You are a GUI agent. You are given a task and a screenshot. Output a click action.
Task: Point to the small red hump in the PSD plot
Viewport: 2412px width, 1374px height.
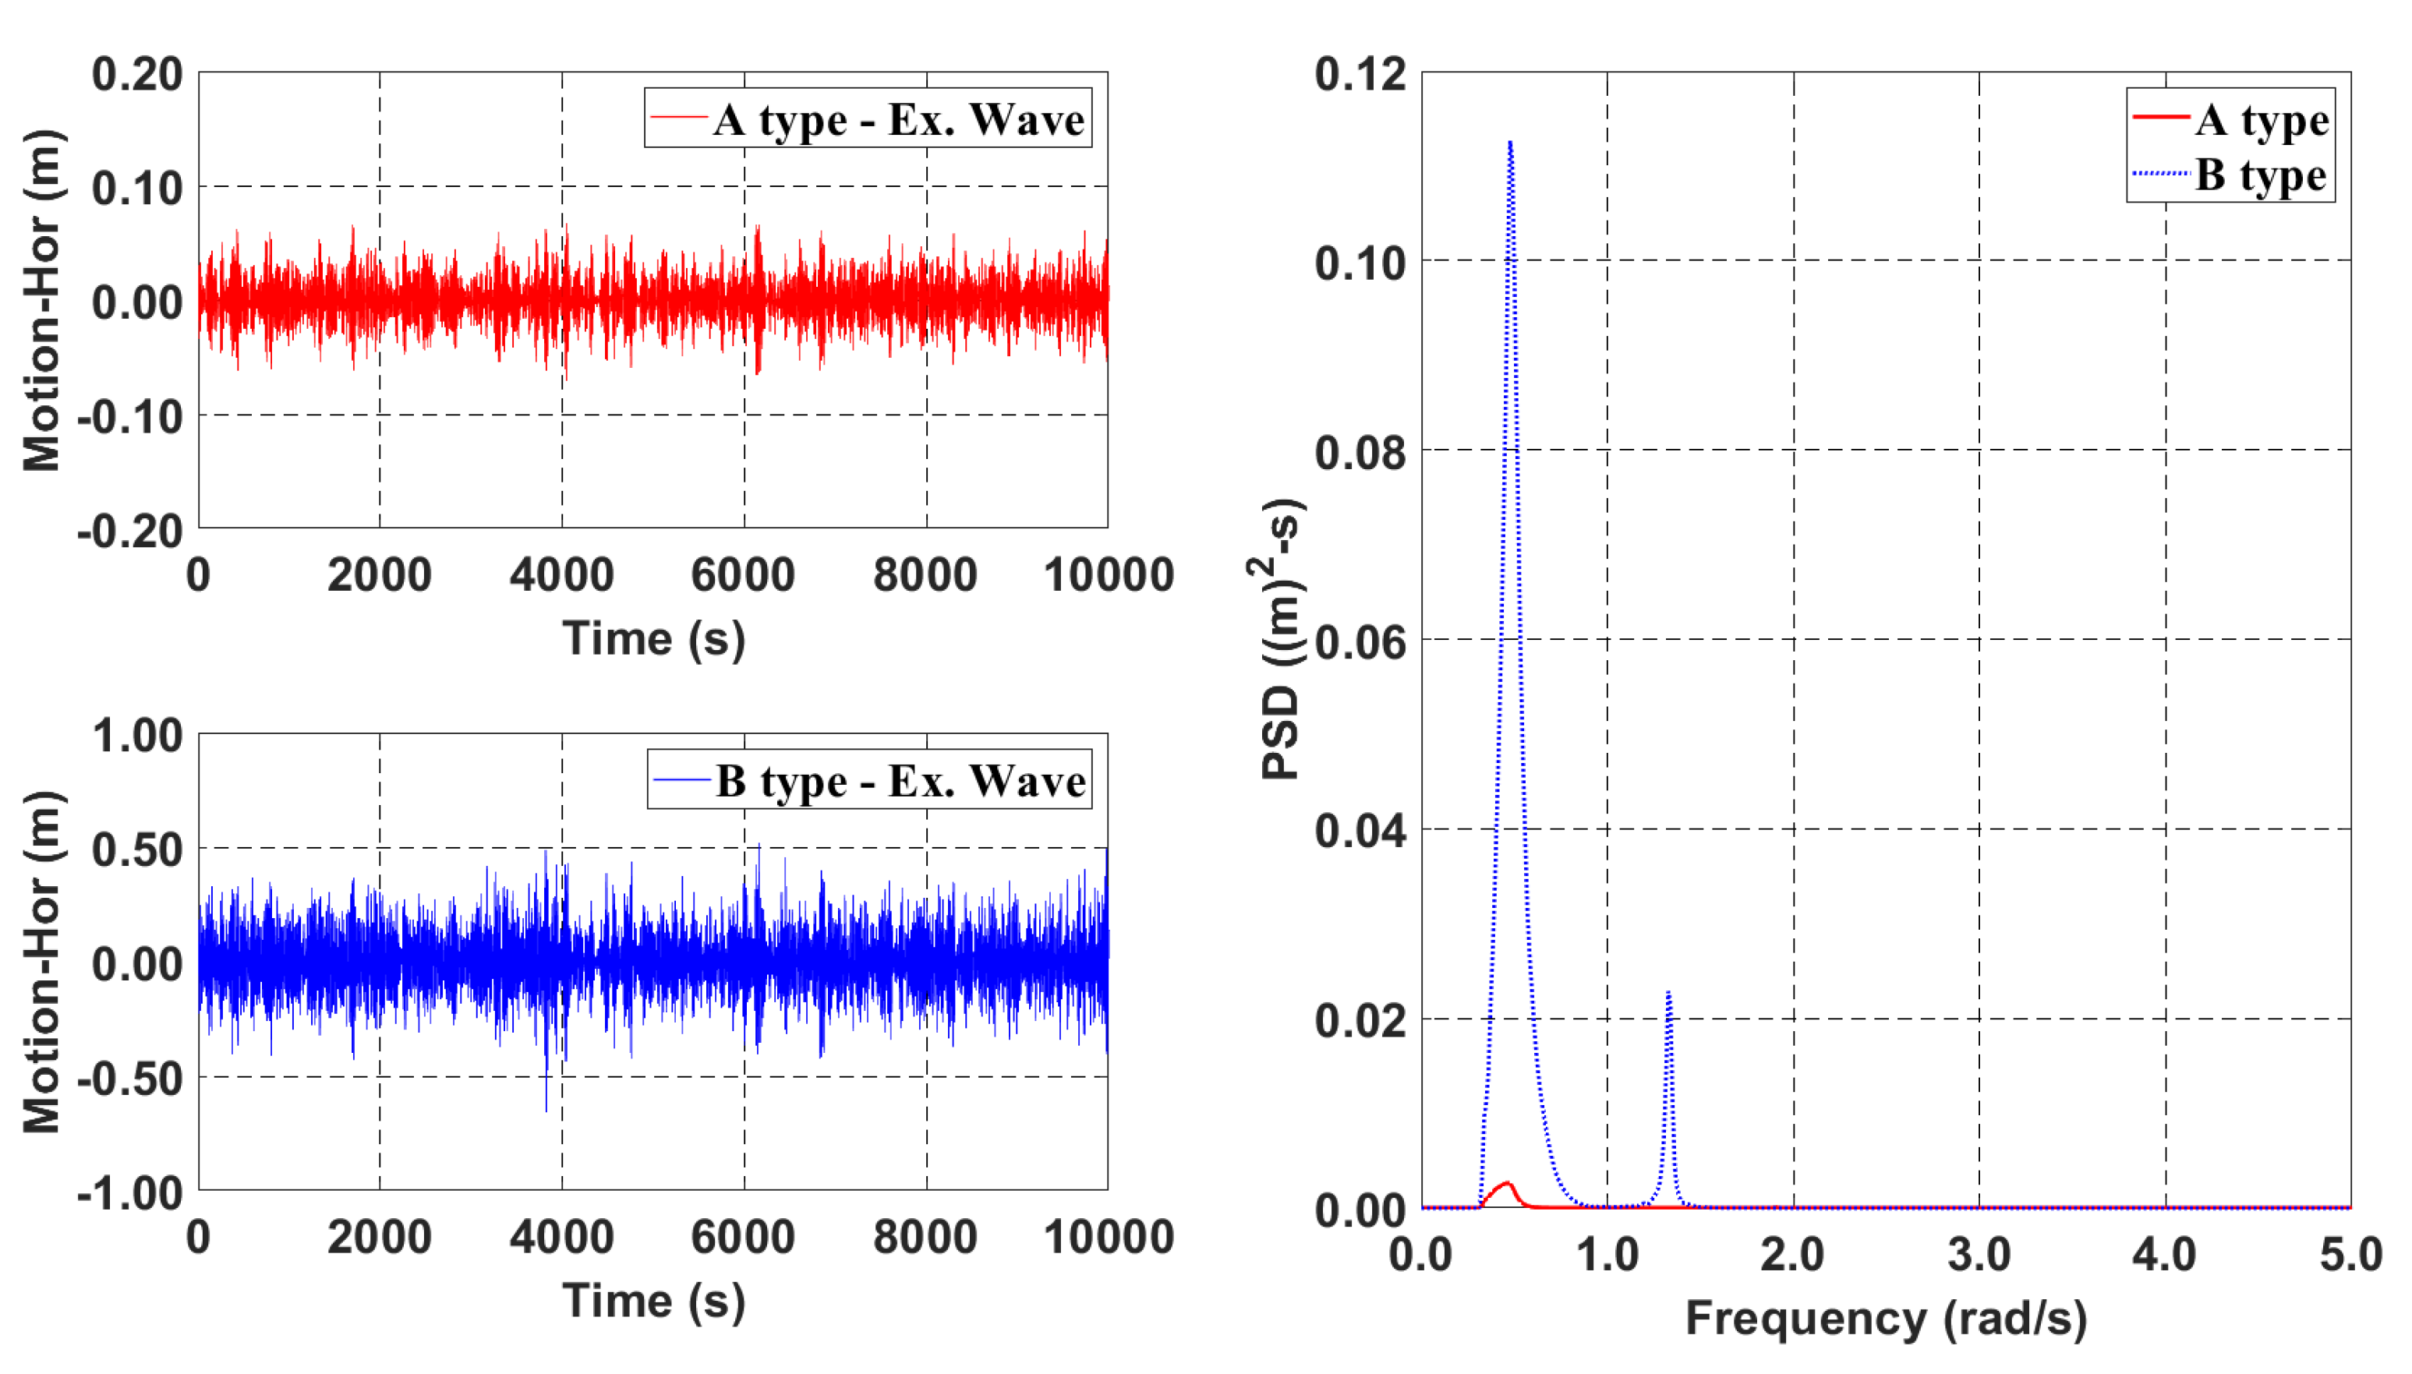tap(1506, 1186)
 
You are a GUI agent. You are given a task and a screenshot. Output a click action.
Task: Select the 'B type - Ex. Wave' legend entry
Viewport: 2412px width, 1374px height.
tap(869, 779)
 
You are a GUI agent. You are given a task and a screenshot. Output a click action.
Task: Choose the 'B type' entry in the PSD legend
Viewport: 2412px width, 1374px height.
tap(2231, 175)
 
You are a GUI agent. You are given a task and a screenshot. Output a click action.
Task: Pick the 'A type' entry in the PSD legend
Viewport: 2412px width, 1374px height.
tap(2231, 120)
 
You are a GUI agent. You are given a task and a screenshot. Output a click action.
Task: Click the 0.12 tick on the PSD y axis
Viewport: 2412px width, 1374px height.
tap(1360, 75)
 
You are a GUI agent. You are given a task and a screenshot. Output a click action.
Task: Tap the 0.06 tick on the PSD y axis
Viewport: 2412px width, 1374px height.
tap(1360, 643)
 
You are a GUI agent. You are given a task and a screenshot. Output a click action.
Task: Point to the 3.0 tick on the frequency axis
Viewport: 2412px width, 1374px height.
tap(1979, 1254)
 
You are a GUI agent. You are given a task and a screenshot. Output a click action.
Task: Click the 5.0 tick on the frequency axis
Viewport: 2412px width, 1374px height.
tap(2350, 1254)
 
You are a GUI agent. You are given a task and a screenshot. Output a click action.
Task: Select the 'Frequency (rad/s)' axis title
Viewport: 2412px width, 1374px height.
tap(1886, 1319)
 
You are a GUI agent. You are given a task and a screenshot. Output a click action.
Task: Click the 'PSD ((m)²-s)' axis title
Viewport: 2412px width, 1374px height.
tap(1282, 639)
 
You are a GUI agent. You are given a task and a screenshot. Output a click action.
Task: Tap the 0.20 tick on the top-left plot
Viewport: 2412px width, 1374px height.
tap(137, 75)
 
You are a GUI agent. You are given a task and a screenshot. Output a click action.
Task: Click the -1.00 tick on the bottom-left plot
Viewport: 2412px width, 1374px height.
tap(130, 1193)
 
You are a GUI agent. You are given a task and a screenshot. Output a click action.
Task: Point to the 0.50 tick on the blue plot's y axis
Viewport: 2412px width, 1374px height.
tap(137, 849)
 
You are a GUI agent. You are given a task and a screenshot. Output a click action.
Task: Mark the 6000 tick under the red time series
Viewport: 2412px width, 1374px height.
tap(743, 574)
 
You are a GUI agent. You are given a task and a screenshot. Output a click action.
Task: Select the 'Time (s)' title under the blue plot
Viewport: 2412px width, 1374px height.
tap(653, 1301)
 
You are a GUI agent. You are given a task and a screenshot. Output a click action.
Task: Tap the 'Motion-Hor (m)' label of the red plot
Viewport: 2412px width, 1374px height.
tap(42, 300)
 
